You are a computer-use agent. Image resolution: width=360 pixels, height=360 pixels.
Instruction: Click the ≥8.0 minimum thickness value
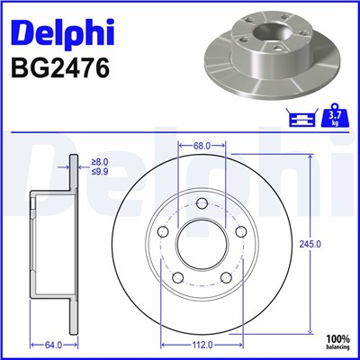(x=101, y=162)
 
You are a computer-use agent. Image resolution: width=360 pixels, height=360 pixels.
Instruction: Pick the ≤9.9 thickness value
(x=101, y=171)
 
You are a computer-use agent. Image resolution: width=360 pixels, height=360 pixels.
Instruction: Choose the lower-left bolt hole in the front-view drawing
(x=177, y=277)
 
